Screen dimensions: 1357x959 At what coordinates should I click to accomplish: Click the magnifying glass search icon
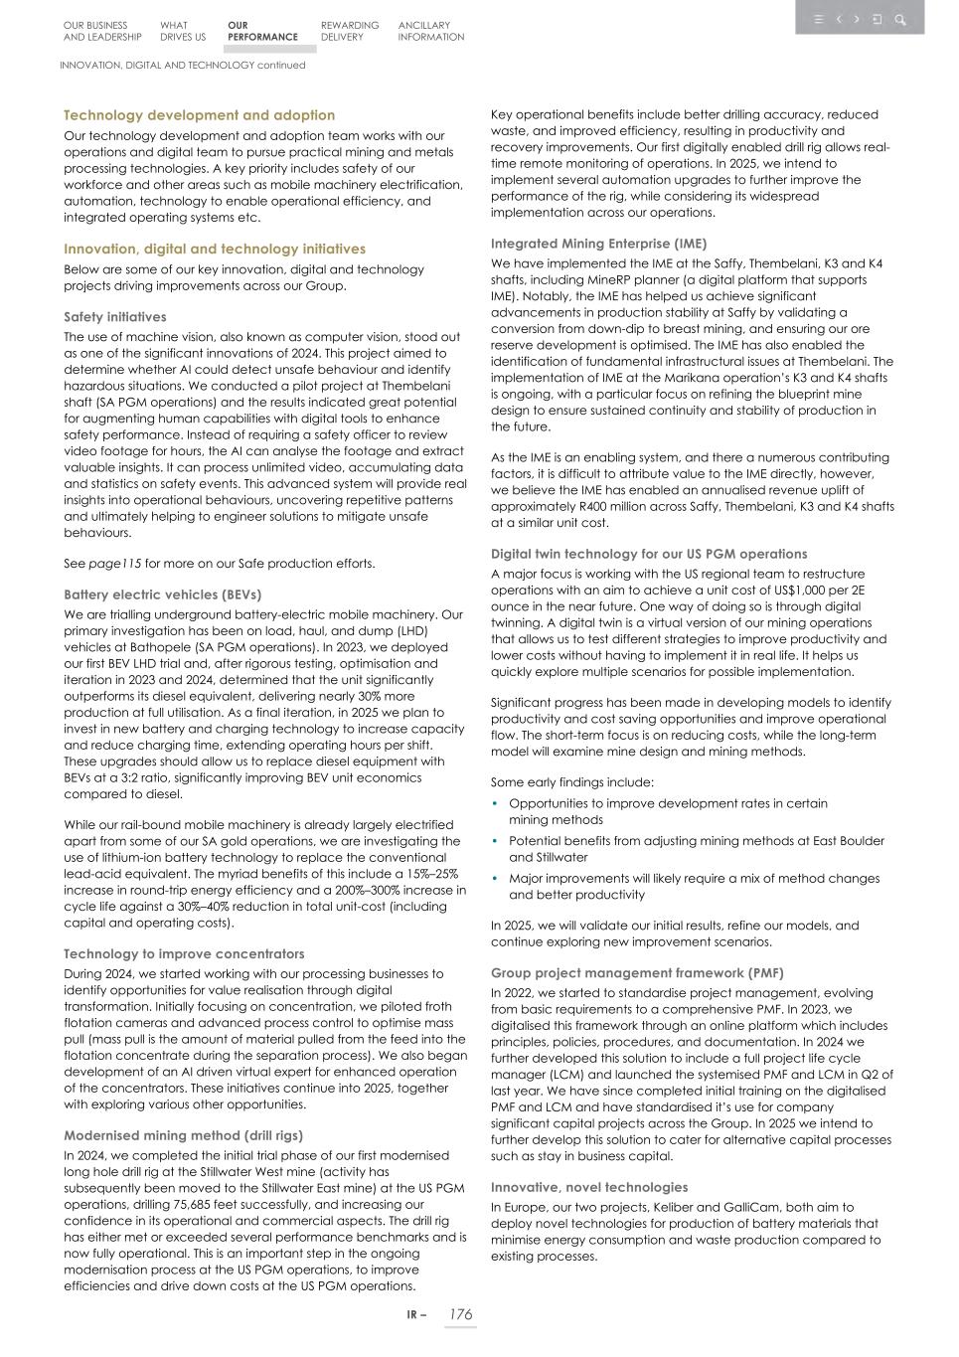(900, 19)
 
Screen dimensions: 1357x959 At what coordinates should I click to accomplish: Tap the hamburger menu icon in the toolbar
(818, 19)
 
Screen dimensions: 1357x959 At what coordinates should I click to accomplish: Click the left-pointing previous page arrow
(839, 19)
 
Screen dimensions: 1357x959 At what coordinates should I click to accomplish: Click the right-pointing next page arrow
(857, 19)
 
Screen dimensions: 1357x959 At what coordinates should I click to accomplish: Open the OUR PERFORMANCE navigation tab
(262, 31)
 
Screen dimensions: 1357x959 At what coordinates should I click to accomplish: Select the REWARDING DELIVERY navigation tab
(350, 31)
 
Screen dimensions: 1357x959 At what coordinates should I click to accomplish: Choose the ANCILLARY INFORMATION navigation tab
(431, 31)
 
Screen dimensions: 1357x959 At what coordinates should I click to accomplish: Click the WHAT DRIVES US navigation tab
(183, 31)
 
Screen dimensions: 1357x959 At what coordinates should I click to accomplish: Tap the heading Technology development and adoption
(199, 115)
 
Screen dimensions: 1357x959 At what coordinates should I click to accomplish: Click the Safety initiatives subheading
(115, 317)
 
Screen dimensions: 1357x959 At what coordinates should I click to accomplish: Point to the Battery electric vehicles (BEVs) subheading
(162, 594)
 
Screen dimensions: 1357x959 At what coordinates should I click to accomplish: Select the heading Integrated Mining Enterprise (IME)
(598, 244)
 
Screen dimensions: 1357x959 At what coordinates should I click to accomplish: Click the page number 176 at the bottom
(460, 1314)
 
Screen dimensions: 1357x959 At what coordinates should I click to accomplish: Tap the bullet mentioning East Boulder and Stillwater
(696, 848)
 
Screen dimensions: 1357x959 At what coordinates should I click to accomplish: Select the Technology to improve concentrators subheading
(184, 953)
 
